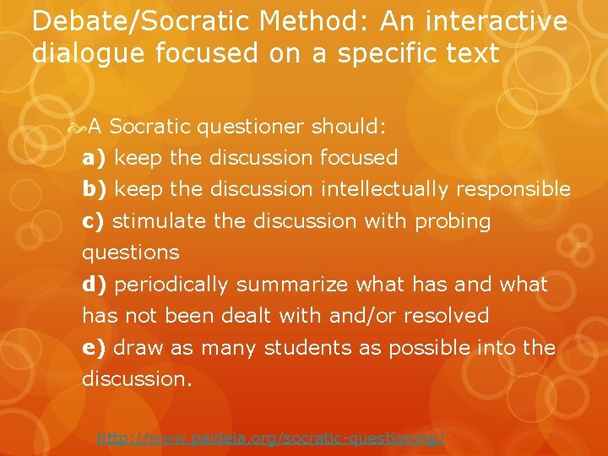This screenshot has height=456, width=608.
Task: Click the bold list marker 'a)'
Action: [95, 158]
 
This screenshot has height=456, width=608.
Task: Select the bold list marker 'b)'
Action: [95, 189]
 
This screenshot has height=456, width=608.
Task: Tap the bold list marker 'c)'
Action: [94, 221]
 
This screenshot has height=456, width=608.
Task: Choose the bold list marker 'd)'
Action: [95, 285]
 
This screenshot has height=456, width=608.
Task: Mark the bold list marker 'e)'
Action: [95, 348]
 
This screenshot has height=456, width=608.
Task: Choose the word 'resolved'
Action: [446, 316]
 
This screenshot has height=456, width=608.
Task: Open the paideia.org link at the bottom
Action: [270, 438]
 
